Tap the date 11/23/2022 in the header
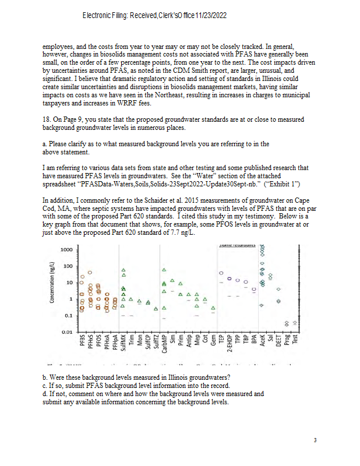[210, 14]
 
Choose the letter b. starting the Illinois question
[46, 376]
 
